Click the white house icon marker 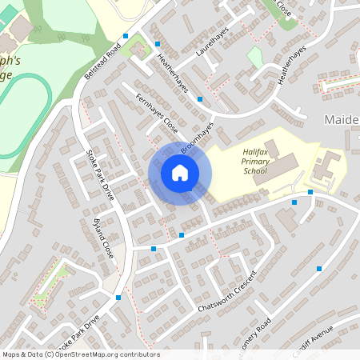180,173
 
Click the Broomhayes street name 198,138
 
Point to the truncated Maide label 342,119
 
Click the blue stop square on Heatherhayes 200,99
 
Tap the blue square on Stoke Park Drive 118,298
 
